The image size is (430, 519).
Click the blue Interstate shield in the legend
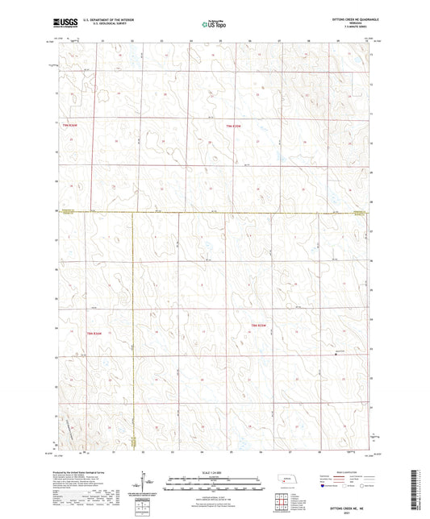(323, 486)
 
